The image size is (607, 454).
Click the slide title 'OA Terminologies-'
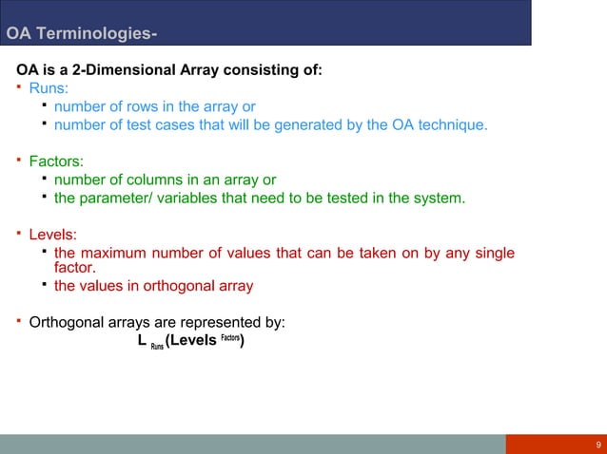82,36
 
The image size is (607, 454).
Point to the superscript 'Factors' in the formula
229,337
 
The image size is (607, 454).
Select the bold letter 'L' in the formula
142,341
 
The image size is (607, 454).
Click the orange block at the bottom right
556,445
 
